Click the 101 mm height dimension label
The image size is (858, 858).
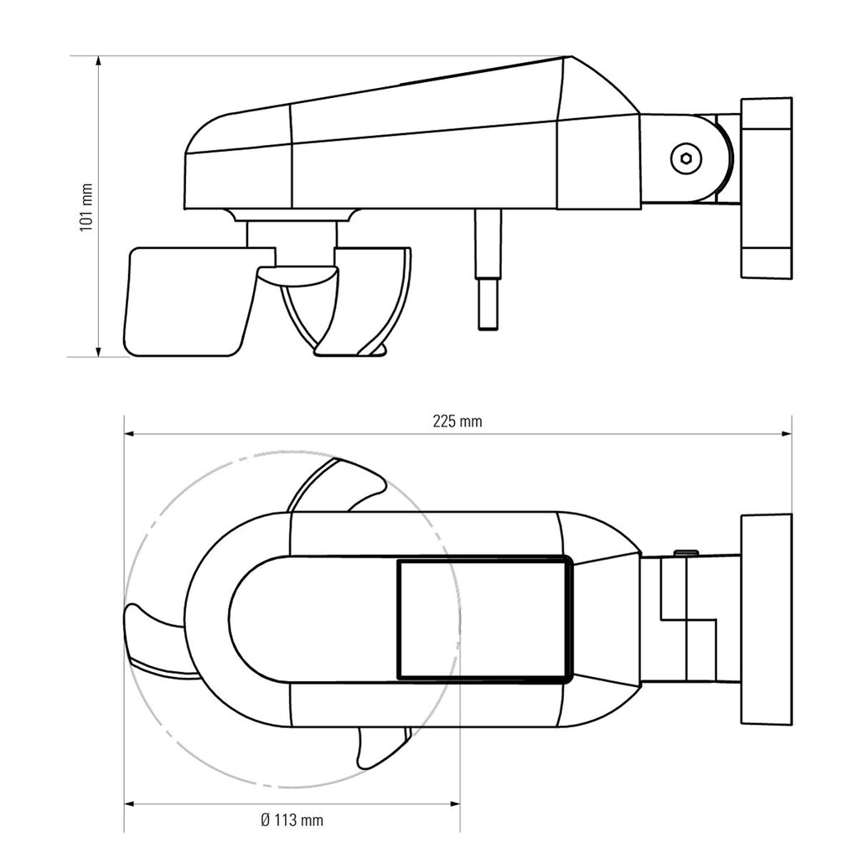click(x=86, y=208)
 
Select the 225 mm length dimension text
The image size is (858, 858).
click(x=457, y=421)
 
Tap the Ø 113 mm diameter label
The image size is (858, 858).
click(x=292, y=819)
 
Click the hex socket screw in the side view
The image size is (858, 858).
click(x=685, y=158)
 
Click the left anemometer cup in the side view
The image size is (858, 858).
click(x=192, y=302)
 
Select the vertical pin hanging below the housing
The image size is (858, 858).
click(x=488, y=269)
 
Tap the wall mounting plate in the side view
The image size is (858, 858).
click(x=766, y=189)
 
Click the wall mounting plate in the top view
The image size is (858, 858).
click(x=766, y=619)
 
